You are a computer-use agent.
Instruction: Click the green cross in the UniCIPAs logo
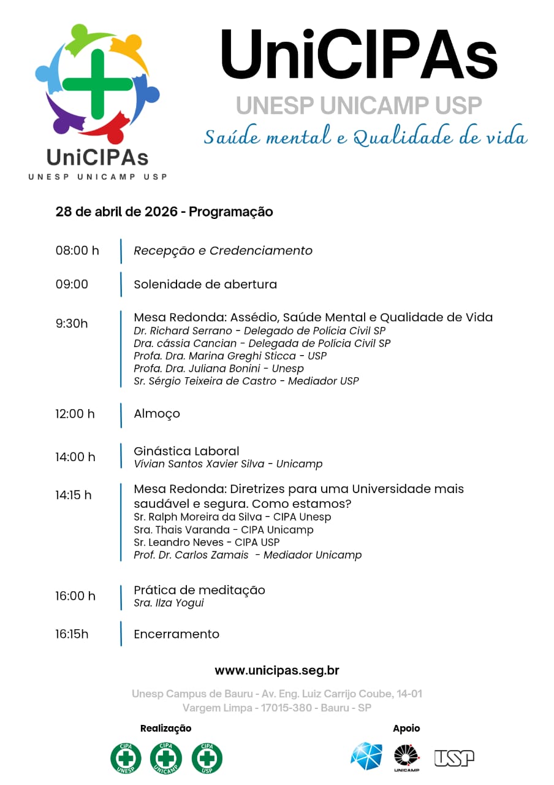[x=97, y=84]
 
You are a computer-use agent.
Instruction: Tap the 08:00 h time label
[x=77, y=250]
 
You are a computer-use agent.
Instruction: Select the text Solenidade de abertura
[x=205, y=284]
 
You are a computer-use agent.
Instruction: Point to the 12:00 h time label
[x=75, y=413]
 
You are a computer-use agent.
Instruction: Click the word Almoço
[x=157, y=413]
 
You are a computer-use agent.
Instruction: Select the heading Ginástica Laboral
[x=186, y=451]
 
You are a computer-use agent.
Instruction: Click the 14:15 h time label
[x=74, y=494]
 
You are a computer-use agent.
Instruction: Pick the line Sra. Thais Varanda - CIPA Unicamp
[x=224, y=530]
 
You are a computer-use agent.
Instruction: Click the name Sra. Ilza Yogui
[x=169, y=603]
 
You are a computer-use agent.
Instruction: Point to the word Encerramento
[x=176, y=634]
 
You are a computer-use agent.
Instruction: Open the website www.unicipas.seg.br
[x=277, y=670]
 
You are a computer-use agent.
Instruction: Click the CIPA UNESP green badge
[x=126, y=758]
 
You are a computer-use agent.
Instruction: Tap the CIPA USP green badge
[x=207, y=758]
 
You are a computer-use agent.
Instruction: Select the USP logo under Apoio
[x=454, y=758]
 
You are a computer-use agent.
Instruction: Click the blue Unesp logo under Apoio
[x=366, y=756]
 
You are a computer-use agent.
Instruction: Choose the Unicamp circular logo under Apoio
[x=406, y=756]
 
